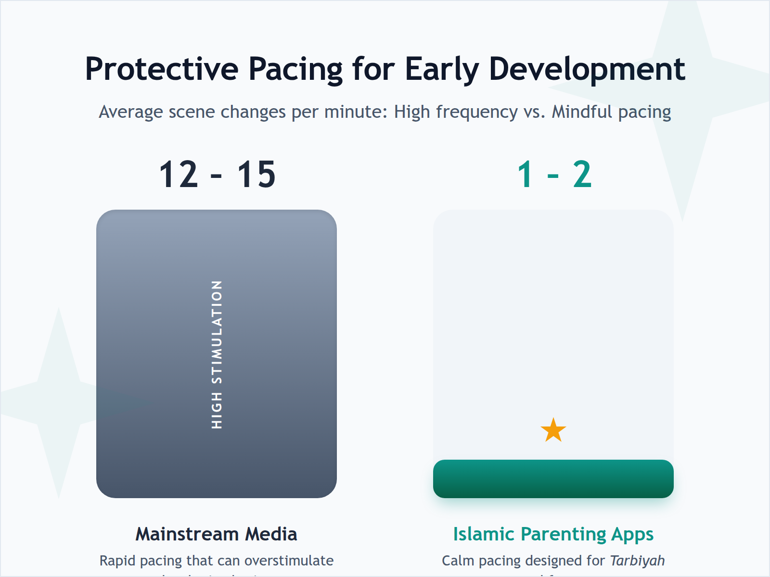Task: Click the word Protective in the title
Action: coord(161,69)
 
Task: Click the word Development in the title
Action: coord(587,69)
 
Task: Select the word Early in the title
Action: coord(442,69)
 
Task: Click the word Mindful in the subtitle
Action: coord(582,112)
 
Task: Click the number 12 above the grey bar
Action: coord(179,175)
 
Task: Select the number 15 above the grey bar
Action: coord(256,175)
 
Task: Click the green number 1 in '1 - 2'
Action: coord(526,175)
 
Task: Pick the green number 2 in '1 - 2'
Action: coord(582,175)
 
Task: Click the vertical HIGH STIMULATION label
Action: coord(217,354)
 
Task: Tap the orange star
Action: coord(553,430)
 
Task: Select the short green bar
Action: coord(553,479)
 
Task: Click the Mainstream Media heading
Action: coord(216,534)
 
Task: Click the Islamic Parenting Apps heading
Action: coord(553,534)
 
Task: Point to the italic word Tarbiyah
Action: coord(637,561)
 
